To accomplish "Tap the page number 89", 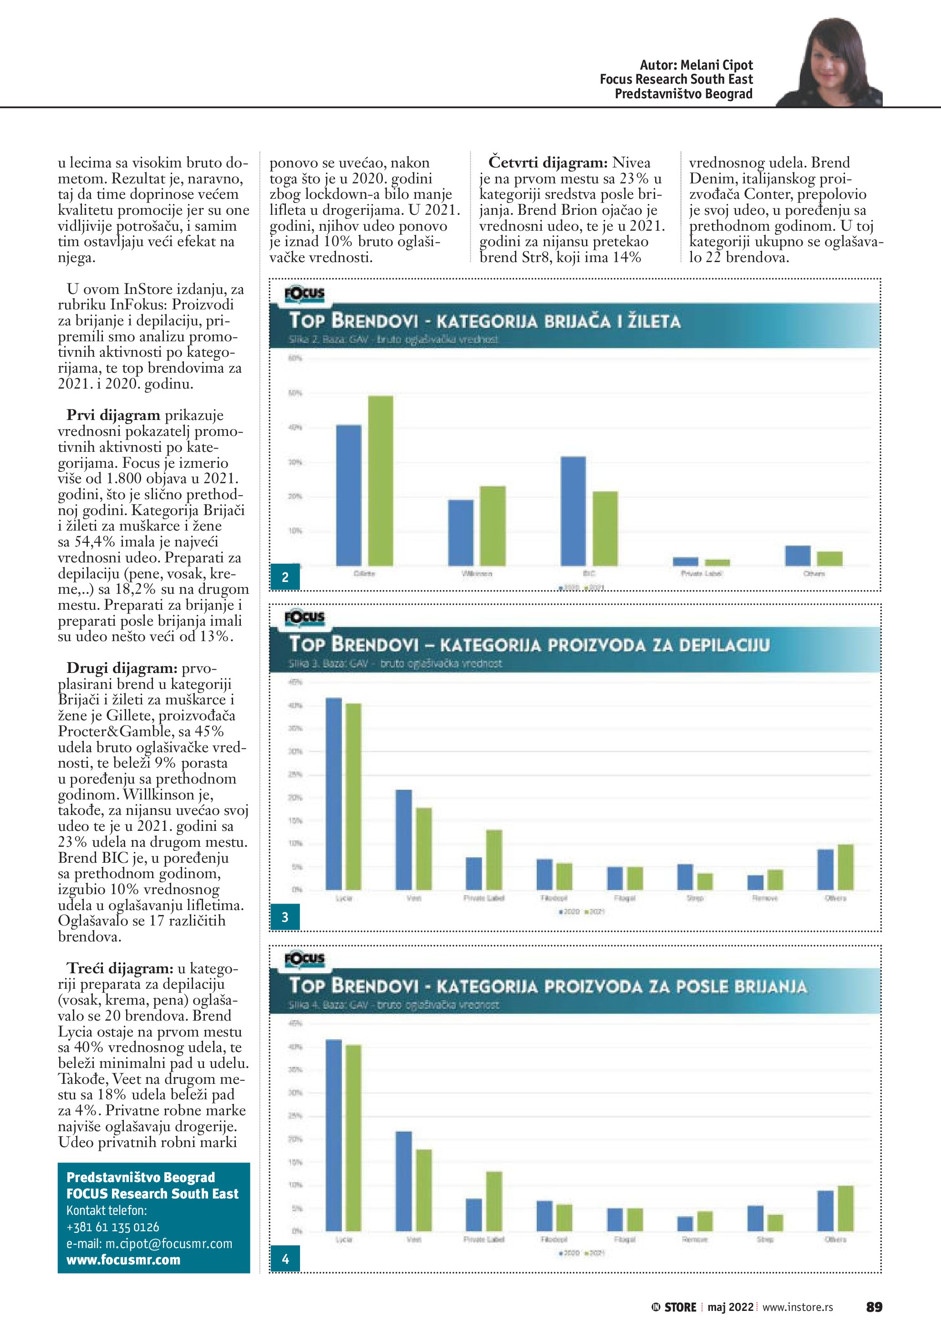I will pos(874,1307).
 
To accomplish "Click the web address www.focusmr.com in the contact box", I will pos(123,1260).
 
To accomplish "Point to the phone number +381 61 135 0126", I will pos(112,1227).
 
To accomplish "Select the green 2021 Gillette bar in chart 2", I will pos(381,481).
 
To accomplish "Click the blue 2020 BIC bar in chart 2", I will pos(573,511).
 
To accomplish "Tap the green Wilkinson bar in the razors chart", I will pos(493,526).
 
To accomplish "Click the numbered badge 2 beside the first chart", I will pos(285,577).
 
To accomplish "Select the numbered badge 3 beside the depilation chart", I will pos(285,917).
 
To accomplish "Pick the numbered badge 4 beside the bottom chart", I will pos(285,1259).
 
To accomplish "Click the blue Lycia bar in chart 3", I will pos(334,794).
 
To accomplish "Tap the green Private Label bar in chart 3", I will pos(493,860).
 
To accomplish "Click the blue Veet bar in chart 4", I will pos(404,1181).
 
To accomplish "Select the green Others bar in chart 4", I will pos(845,1209).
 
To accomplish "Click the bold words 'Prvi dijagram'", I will pos(113,415).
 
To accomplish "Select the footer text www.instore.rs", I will pos(797,1307).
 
